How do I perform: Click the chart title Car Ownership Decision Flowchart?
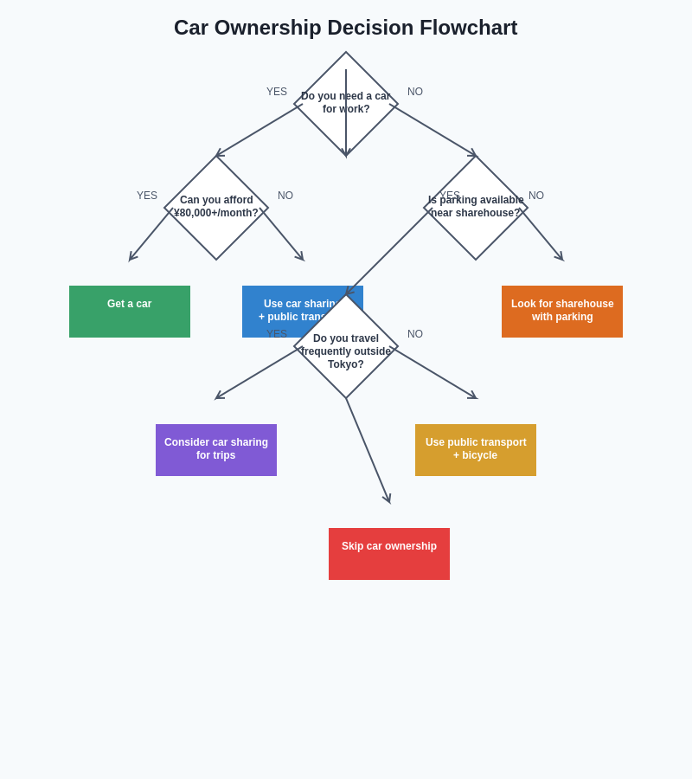click(x=345, y=28)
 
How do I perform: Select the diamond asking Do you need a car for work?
click(x=346, y=104)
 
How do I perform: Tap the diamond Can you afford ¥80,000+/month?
click(x=216, y=208)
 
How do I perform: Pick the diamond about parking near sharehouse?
click(x=476, y=208)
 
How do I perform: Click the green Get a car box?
click(x=130, y=312)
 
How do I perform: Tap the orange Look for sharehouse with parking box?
click(x=562, y=312)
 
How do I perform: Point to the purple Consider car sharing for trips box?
click(x=216, y=450)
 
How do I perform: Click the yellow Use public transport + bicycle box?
click(x=476, y=450)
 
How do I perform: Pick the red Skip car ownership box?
click(x=389, y=554)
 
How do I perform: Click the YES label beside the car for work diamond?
click(x=277, y=92)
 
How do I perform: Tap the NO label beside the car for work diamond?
click(x=415, y=92)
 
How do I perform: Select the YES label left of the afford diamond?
click(x=147, y=196)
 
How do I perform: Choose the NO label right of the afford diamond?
click(x=285, y=196)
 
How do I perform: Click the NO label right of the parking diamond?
click(x=536, y=196)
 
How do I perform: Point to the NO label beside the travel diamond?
click(x=415, y=334)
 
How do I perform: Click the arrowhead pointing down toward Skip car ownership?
click(x=388, y=499)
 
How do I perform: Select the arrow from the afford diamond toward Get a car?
click(x=149, y=236)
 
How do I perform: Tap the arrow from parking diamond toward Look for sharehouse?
click(x=543, y=236)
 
